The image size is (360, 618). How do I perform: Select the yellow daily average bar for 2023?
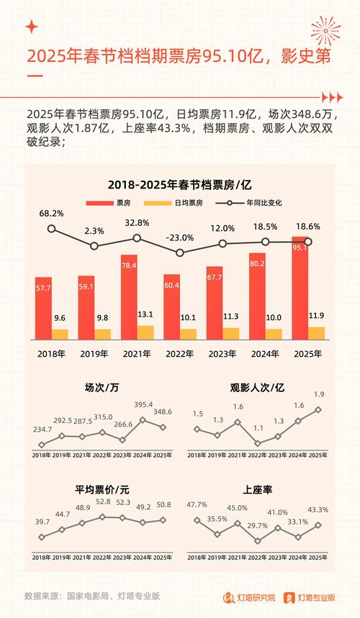[x=231, y=333]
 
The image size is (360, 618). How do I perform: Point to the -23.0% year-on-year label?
[x=180, y=237]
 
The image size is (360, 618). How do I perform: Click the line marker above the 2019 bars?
[x=94, y=246]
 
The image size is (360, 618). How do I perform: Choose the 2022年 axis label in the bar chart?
[x=180, y=353]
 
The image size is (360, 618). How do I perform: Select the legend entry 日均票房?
[x=189, y=203]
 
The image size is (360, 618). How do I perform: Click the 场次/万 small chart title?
[x=102, y=388]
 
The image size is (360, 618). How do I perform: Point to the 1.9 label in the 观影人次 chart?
[x=318, y=395]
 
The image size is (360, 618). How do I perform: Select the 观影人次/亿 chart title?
[x=257, y=388]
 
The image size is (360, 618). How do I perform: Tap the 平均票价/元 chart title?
[x=102, y=489]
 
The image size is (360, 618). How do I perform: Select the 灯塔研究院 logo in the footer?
[x=248, y=596]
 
